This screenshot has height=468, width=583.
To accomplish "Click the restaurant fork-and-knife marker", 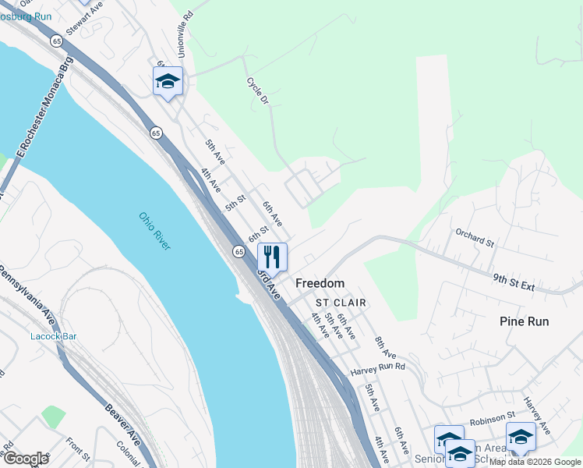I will (272, 257).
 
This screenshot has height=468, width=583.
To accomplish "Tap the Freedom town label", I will (320, 283).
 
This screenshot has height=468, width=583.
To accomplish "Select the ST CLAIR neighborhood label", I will (341, 302).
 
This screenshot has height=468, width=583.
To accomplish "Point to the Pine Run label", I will (524, 321).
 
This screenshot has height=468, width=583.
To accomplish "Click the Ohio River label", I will (154, 231).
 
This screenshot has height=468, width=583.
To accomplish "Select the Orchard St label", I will (475, 238).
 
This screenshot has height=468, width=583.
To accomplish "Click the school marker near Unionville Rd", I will (168, 80).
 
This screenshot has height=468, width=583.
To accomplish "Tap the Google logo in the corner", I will (26, 459).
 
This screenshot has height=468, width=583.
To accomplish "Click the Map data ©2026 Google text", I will (535, 462).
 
